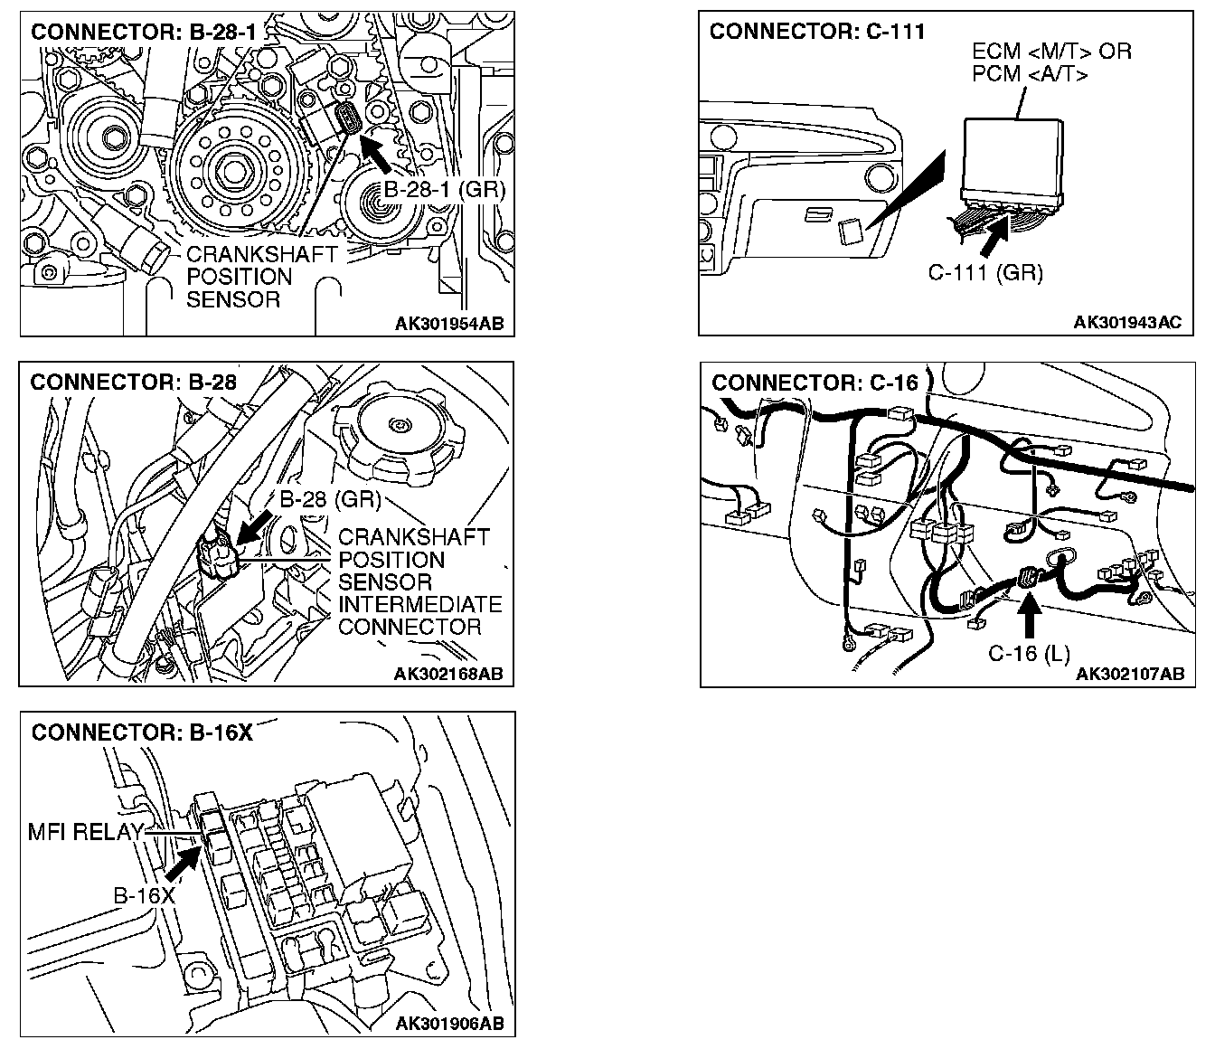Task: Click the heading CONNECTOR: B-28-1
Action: [x=144, y=33]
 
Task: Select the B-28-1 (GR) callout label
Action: [x=444, y=190]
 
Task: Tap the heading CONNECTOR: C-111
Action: [x=817, y=33]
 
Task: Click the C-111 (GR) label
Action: [x=985, y=272]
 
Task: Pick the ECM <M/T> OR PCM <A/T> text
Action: [x=1051, y=62]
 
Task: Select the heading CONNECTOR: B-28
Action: [x=134, y=383]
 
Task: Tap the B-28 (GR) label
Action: [x=329, y=499]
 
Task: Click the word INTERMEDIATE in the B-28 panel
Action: [x=419, y=604]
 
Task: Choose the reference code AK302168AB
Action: [x=448, y=674]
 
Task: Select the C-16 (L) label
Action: [x=1029, y=654]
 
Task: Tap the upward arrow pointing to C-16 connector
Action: [x=1030, y=615]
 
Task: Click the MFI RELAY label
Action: [x=86, y=832]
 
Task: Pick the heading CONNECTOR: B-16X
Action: [x=142, y=732]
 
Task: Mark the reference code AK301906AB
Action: [x=449, y=1024]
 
